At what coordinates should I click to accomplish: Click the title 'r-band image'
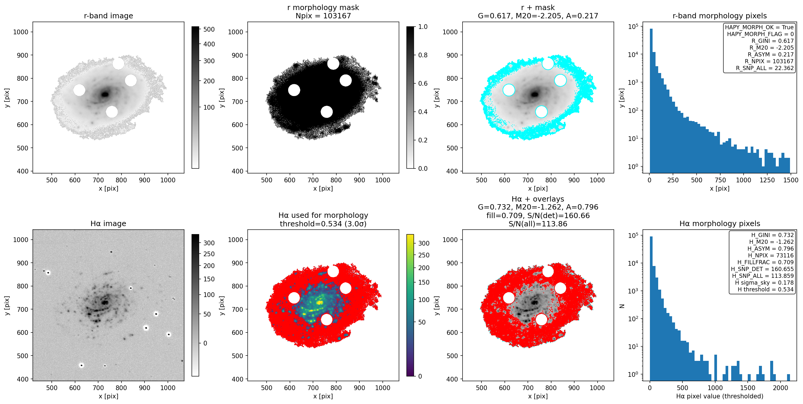[108, 16]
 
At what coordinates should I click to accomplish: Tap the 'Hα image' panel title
[108, 223]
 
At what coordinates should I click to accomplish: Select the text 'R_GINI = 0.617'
[773, 41]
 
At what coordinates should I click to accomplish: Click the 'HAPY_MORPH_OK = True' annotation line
[759, 27]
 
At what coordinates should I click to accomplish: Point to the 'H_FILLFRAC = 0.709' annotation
[765, 262]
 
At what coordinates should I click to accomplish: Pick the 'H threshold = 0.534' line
[765, 289]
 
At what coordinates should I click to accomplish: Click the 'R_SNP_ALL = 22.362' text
[765, 68]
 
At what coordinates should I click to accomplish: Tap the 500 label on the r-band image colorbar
[209, 29]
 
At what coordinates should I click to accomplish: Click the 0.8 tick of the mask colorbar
[423, 55]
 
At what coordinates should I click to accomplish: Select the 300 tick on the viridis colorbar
[424, 243]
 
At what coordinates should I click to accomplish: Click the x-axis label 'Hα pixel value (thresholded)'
[719, 396]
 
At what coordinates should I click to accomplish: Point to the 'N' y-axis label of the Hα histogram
[622, 306]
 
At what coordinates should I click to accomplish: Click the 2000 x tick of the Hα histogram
[780, 388]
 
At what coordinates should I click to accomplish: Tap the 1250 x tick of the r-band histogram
[767, 180]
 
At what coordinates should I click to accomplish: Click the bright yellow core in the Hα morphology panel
[319, 302]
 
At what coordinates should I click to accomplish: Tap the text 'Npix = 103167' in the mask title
[323, 16]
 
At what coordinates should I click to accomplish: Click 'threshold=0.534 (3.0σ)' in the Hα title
[323, 223]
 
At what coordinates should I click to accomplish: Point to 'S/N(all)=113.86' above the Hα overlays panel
[538, 223]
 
